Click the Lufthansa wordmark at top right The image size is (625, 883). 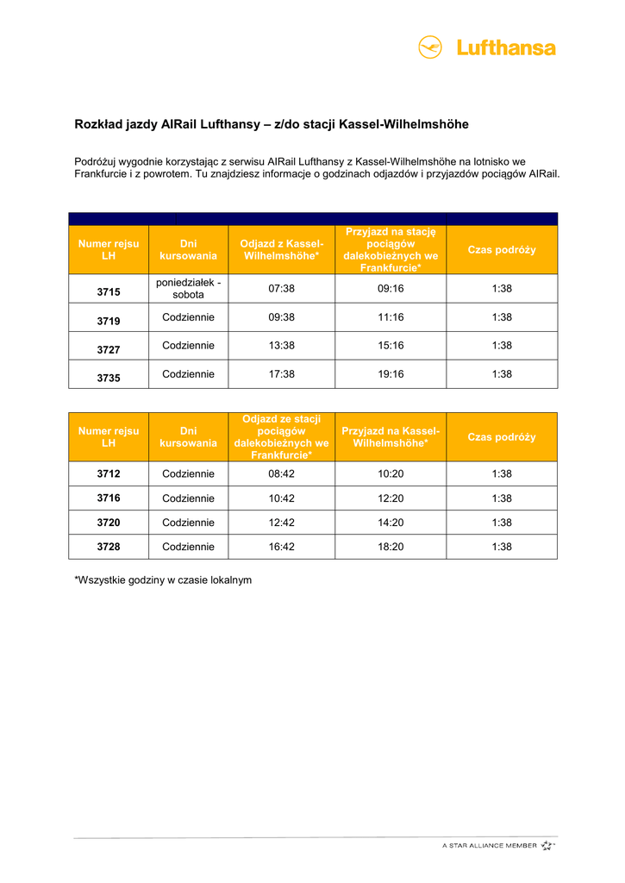click(506, 48)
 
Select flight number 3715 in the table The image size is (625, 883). click(109, 292)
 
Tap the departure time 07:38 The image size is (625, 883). click(282, 289)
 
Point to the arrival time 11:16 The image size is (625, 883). click(391, 317)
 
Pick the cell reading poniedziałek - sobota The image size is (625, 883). click(189, 289)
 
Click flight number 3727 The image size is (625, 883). click(109, 349)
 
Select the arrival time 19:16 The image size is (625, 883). click(391, 374)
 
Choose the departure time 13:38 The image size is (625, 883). click(282, 346)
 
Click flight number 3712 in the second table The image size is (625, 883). click(109, 473)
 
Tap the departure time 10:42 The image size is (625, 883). click(282, 498)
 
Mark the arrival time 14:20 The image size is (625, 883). click(391, 523)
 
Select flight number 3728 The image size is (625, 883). click(109, 547)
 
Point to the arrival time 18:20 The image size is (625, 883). click(391, 547)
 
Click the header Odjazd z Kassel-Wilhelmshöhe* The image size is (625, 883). click(282, 250)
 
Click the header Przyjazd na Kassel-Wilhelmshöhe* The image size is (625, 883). click(391, 437)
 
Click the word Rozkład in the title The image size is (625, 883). click(99, 125)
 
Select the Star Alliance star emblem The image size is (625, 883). click(547, 846)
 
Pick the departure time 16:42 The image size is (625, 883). click(282, 547)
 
